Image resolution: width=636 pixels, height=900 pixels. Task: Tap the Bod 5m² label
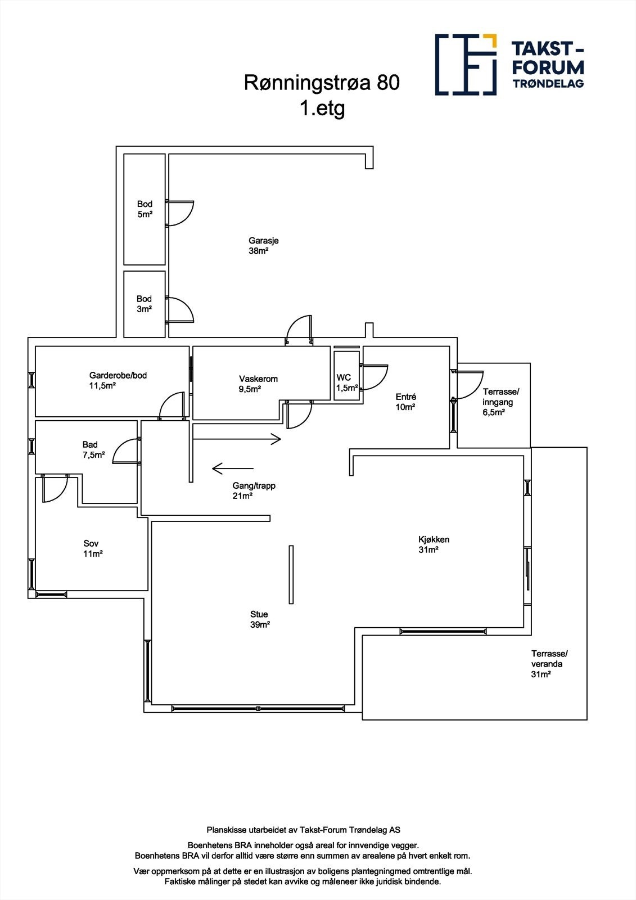(x=145, y=209)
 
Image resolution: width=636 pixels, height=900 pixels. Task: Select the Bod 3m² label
(x=145, y=304)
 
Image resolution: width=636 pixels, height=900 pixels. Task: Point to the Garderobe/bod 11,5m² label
(x=118, y=380)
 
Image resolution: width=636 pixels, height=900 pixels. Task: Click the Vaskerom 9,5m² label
(x=258, y=384)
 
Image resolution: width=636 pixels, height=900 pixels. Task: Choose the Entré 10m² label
(x=405, y=402)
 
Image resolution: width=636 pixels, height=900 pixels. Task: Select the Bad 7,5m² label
(x=93, y=450)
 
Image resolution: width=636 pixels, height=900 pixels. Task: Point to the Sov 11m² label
(x=93, y=548)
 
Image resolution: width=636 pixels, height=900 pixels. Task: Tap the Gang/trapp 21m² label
(x=254, y=490)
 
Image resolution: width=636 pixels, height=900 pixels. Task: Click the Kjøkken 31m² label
(x=434, y=544)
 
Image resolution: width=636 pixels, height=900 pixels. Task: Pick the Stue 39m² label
(x=259, y=619)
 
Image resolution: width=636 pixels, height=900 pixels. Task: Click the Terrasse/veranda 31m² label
(x=549, y=664)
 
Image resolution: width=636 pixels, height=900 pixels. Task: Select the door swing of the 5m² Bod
(x=181, y=213)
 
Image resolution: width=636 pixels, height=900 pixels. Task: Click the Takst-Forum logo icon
(x=466, y=64)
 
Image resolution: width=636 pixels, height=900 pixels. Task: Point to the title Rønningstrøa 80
(x=322, y=83)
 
